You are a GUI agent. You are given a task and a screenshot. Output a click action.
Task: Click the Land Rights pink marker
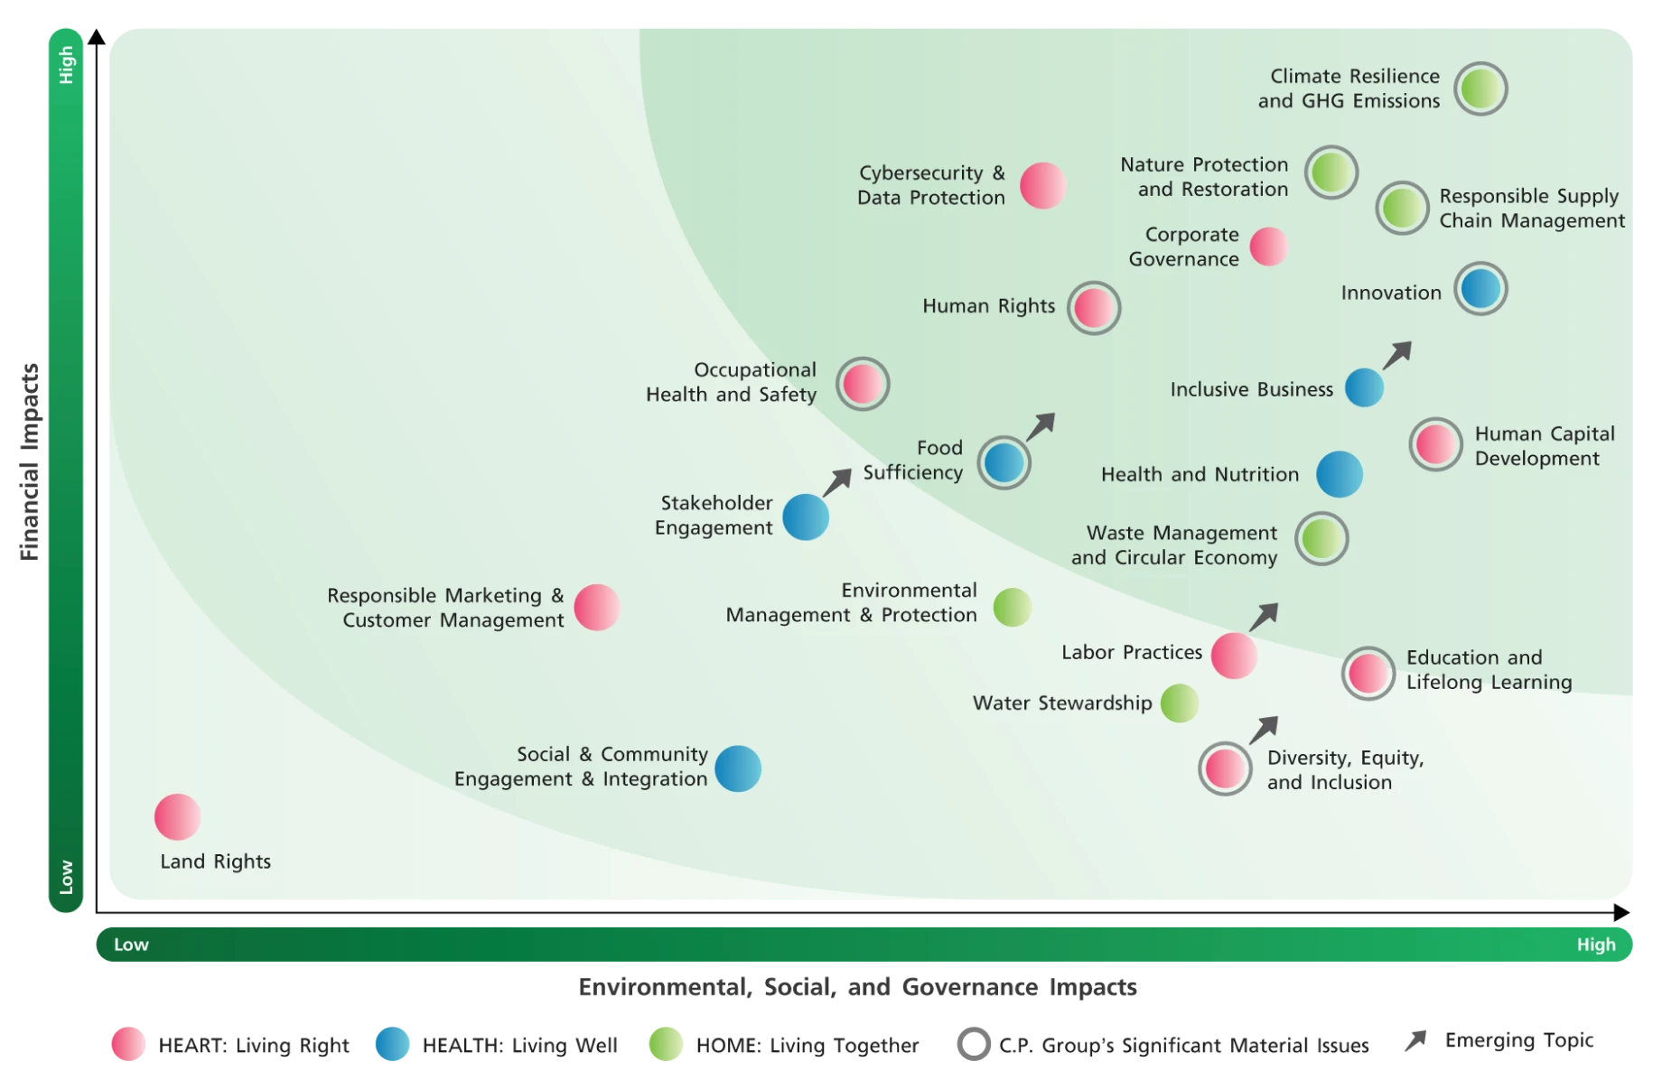[177, 817]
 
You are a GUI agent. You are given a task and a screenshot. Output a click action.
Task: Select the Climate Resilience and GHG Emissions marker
[1480, 88]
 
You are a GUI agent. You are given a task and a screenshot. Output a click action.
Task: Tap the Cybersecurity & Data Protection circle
[1043, 186]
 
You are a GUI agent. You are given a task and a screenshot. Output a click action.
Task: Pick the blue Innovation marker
[1480, 289]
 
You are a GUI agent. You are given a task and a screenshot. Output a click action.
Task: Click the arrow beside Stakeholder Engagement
[837, 482]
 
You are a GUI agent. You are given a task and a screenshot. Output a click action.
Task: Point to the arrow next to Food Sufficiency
[1041, 426]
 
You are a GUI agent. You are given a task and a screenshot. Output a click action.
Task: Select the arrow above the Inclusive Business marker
[1396, 355]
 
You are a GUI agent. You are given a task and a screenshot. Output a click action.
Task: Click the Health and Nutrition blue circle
[1339, 474]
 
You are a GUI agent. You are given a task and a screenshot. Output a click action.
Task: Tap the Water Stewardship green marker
[1179, 703]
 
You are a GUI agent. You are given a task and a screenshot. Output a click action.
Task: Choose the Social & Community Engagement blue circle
[738, 768]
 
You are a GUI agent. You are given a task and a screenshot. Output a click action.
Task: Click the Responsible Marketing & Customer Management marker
[597, 607]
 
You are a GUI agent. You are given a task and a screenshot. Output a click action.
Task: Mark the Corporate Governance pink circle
[1268, 247]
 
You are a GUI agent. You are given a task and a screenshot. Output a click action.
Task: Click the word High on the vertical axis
[66, 65]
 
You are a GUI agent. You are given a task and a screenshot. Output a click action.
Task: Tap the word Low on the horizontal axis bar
[131, 945]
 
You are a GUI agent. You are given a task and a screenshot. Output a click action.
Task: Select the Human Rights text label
[988, 306]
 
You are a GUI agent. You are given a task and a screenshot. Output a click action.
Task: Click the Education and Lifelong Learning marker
[1368, 673]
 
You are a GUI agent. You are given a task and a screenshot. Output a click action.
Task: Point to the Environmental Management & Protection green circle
[1012, 607]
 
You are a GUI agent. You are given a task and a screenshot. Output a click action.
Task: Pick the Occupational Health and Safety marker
[862, 384]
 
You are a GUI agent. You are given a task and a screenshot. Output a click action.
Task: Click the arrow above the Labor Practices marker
[1264, 617]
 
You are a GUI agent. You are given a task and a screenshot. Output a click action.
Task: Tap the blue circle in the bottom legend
[392, 1044]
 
